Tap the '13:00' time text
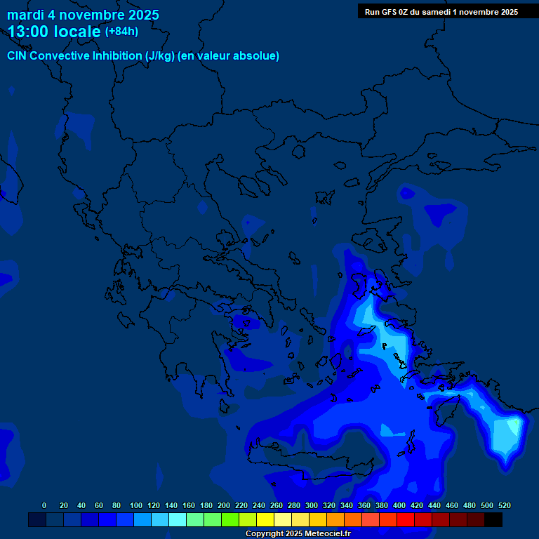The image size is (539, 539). click(29, 32)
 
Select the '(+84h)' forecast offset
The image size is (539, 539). click(121, 31)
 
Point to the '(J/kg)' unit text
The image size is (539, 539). click(159, 56)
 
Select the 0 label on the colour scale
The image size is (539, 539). click(44, 505)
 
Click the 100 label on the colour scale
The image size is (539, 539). click(136, 505)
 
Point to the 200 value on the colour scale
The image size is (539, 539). click(224, 505)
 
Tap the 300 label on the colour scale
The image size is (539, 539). click(312, 505)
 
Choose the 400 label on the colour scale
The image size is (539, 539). click(399, 505)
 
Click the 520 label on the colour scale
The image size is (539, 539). click(504, 505)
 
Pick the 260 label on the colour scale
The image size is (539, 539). click(277, 505)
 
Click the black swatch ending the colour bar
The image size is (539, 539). click(493, 519)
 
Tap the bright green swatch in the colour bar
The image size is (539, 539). click(230, 519)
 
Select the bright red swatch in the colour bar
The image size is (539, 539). click(406, 519)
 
